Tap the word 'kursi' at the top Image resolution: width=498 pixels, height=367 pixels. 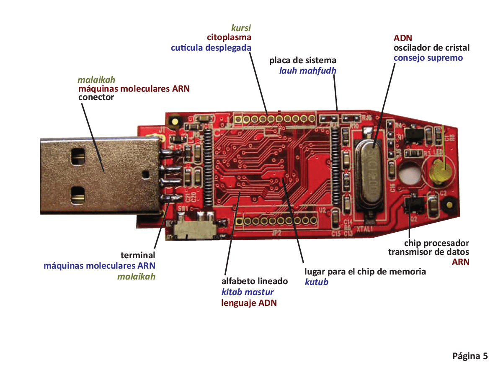click(241, 28)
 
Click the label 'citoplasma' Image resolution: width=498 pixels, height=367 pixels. click(229, 38)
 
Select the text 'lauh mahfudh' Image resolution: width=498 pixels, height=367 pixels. click(307, 70)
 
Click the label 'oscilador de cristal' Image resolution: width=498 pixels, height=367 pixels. click(431, 48)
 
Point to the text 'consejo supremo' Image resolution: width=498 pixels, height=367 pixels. click(428, 58)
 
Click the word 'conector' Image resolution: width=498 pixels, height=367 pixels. click(96, 98)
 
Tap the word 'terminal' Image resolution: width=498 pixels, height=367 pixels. click(138, 255)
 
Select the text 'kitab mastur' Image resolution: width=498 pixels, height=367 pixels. click(248, 292)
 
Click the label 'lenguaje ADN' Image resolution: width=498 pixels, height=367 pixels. click(249, 303)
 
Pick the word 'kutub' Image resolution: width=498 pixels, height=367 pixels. click(316, 282)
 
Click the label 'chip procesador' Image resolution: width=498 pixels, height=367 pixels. click(436, 243)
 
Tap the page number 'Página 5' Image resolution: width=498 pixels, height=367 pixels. click(470, 356)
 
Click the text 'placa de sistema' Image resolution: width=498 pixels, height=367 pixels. click(302, 60)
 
